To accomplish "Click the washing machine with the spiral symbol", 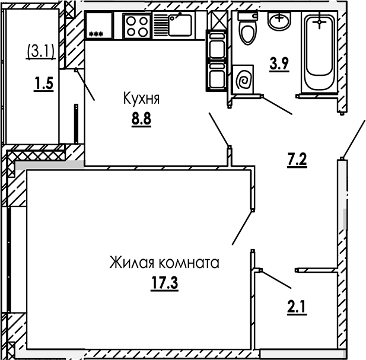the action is click(x=243, y=80).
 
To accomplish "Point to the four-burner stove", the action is click(x=138, y=26).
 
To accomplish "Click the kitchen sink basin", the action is click(x=180, y=25).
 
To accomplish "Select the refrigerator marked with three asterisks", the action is click(x=99, y=25).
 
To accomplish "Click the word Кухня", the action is click(x=141, y=98).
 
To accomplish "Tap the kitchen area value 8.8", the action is click(x=141, y=119).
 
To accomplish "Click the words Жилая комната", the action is click(x=164, y=263).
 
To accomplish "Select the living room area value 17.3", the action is click(x=164, y=282).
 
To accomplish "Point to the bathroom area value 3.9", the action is click(x=279, y=63).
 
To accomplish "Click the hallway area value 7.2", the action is click(x=297, y=160).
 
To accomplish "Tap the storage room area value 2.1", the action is click(x=297, y=307).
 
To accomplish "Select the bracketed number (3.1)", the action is click(x=41, y=52).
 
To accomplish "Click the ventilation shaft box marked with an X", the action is click(x=217, y=20).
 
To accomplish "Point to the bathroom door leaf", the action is click(x=277, y=105).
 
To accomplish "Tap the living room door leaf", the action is click(x=242, y=228).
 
